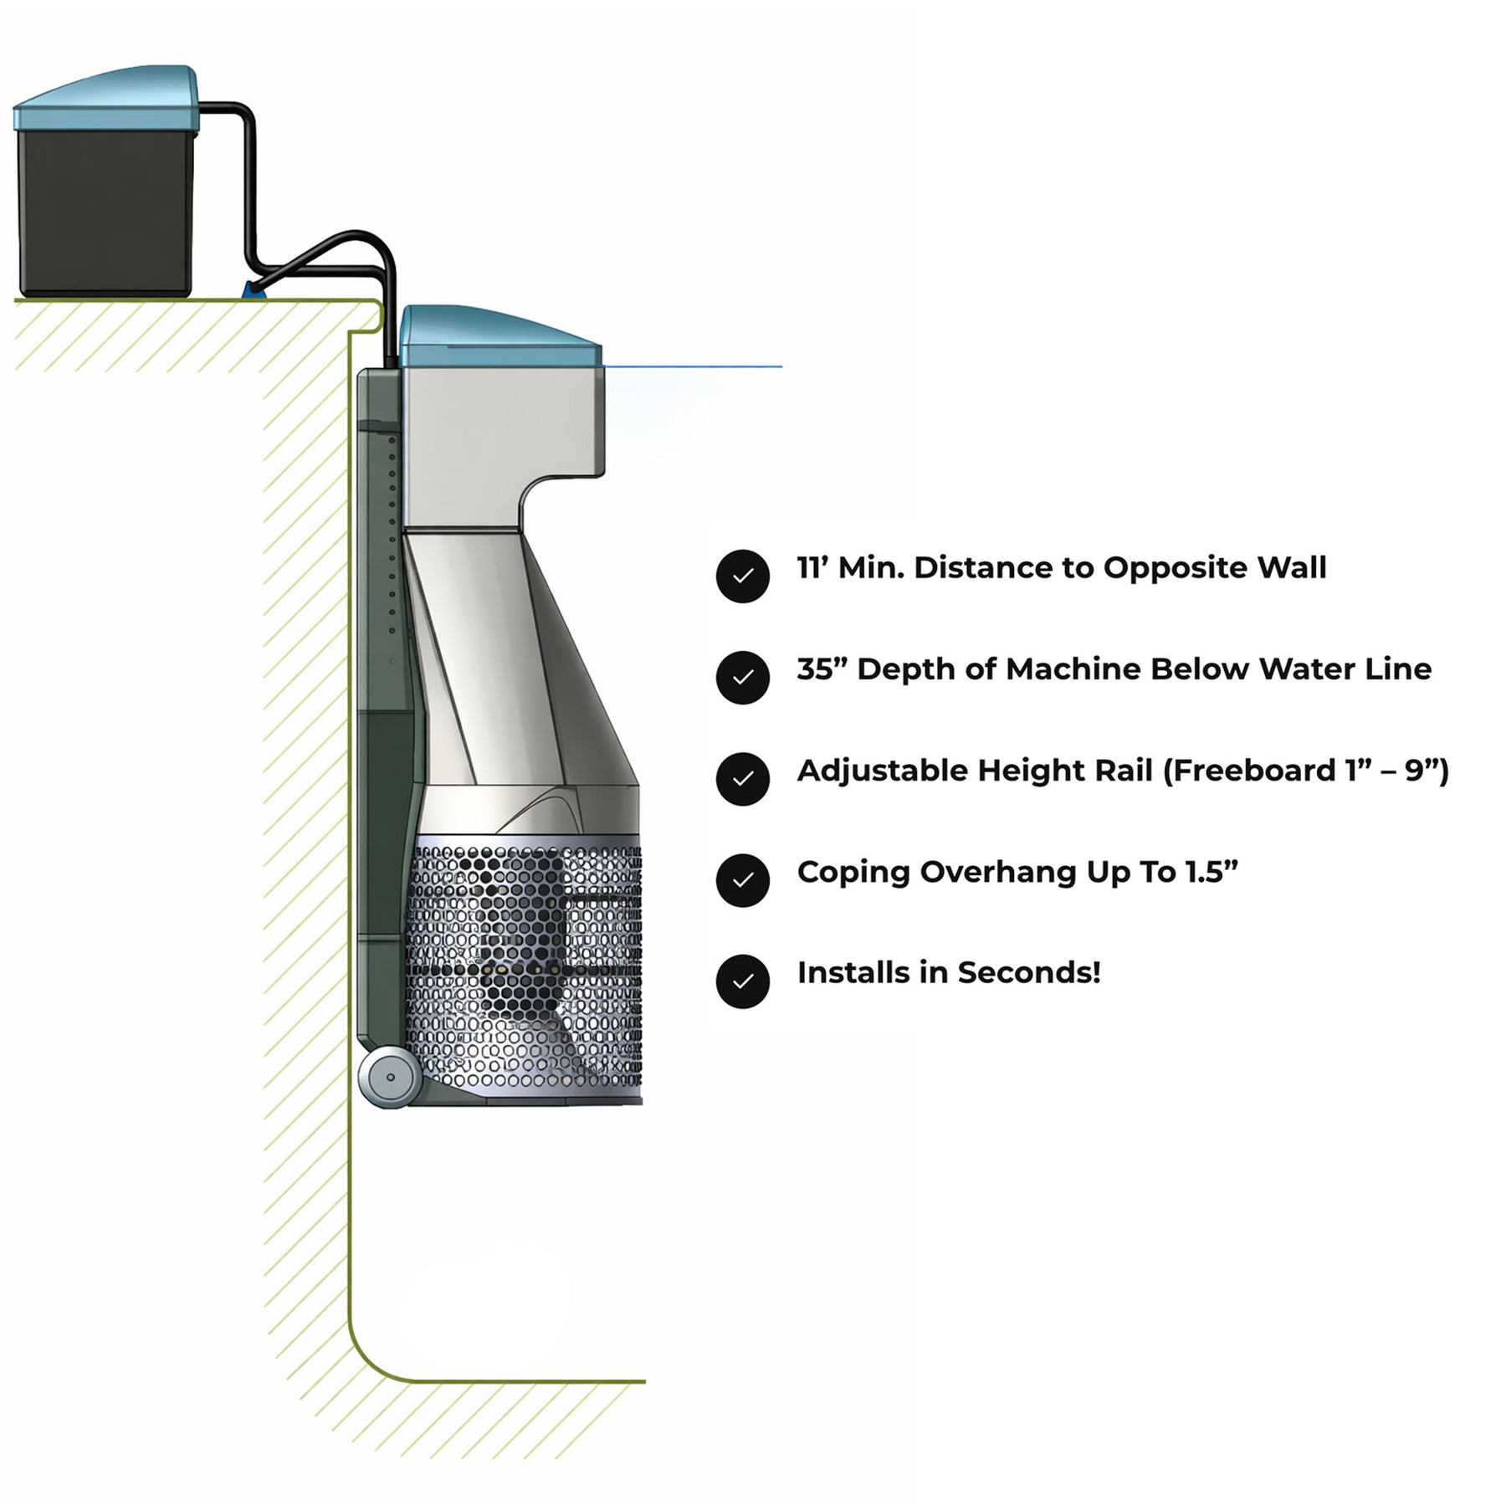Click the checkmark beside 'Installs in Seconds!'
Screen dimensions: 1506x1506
(x=742, y=981)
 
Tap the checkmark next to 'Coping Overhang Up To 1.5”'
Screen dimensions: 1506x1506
(x=742, y=879)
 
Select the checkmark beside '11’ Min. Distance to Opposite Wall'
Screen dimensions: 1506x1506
(x=742, y=576)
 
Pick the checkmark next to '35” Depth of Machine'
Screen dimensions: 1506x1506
(x=742, y=677)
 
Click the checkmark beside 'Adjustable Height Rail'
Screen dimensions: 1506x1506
(x=742, y=778)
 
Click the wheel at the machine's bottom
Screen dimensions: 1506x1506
(x=390, y=1078)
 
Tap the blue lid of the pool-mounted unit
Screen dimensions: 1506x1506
(x=499, y=336)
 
